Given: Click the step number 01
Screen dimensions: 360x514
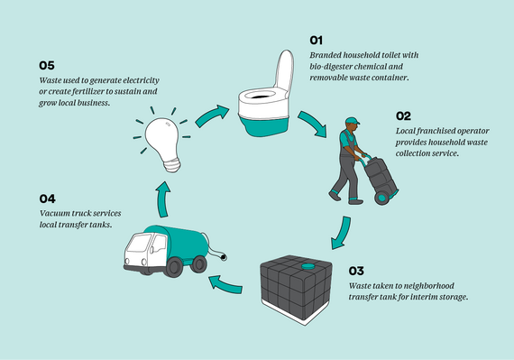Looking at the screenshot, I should [317, 41].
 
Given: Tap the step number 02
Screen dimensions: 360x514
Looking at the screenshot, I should [404, 116].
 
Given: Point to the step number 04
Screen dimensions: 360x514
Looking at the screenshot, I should [49, 198].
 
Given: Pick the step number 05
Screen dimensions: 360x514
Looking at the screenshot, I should [48, 66].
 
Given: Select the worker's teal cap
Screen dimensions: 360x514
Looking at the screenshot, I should [352, 123].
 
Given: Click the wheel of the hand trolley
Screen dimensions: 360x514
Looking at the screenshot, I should [383, 196].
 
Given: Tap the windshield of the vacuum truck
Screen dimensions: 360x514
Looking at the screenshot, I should [142, 245].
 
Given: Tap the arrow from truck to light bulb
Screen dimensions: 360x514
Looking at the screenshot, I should [161, 196].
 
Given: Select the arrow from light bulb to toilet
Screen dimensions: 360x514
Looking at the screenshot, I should [211, 115].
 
